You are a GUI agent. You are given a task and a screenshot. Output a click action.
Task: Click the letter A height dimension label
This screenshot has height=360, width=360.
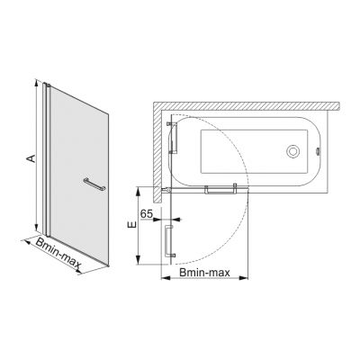[x=30, y=158]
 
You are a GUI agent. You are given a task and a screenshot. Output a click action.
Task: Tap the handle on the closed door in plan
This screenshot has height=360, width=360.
[x=220, y=189]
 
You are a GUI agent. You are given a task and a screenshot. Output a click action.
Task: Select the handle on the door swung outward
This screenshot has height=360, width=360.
[x=168, y=241]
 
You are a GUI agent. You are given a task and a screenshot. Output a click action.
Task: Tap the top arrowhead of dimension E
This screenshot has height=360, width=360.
[x=139, y=189]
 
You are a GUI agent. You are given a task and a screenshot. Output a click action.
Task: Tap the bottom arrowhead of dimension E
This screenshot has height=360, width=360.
[x=139, y=265]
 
